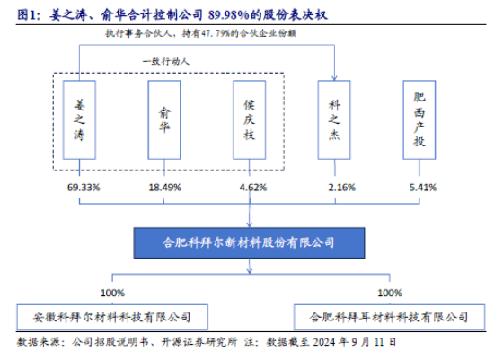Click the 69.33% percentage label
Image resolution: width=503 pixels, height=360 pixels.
[84, 188]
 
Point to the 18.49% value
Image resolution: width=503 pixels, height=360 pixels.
[165, 188]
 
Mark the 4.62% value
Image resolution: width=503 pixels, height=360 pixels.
[253, 188]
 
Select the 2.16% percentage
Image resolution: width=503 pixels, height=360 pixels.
[341, 188]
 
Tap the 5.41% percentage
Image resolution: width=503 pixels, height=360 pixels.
[423, 188]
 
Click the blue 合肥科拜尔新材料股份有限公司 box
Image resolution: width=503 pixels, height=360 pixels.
[250, 242]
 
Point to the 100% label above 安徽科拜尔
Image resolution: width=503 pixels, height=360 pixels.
[112, 293]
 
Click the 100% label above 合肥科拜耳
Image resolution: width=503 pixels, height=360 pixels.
[390, 293]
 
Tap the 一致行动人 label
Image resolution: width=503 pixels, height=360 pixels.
[166, 61]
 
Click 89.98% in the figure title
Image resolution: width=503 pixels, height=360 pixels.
[228, 14]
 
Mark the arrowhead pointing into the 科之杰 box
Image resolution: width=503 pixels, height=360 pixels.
[334, 78]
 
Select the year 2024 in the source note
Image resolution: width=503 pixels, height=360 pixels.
[324, 342]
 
